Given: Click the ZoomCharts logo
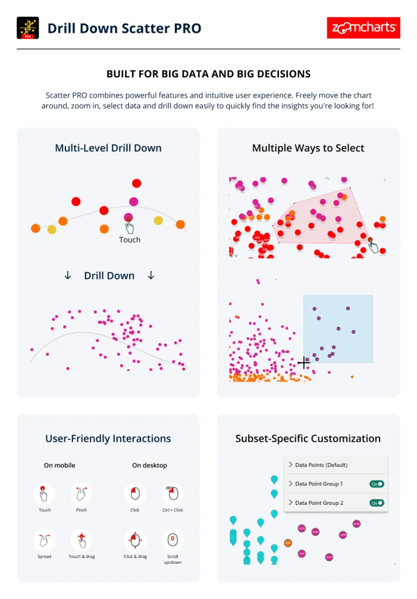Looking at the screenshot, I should (x=363, y=27).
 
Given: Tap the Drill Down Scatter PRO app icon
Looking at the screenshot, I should (x=28, y=28).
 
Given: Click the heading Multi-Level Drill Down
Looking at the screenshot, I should (x=108, y=148).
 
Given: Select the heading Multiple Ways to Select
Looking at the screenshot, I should (x=308, y=148).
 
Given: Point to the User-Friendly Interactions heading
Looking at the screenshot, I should (x=108, y=439).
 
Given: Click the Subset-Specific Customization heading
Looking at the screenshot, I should (x=308, y=439).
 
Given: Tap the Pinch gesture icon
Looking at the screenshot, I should (x=81, y=494).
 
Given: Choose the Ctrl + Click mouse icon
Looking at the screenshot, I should (x=173, y=494).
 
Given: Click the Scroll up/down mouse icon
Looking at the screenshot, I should (x=173, y=540).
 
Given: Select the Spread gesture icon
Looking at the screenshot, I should (x=44, y=540).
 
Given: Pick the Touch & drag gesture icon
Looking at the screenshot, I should (x=81, y=540).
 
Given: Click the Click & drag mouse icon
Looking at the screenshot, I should (x=135, y=540).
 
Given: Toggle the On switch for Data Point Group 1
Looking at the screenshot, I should (x=377, y=484).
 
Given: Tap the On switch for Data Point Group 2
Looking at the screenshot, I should (x=377, y=502).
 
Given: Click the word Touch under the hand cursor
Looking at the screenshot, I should (x=130, y=240).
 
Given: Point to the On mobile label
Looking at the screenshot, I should (x=60, y=466).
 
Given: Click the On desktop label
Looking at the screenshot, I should (x=150, y=466).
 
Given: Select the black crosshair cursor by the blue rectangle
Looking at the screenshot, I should (x=304, y=363).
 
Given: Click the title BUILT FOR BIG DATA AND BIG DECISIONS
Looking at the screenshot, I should (x=208, y=74).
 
